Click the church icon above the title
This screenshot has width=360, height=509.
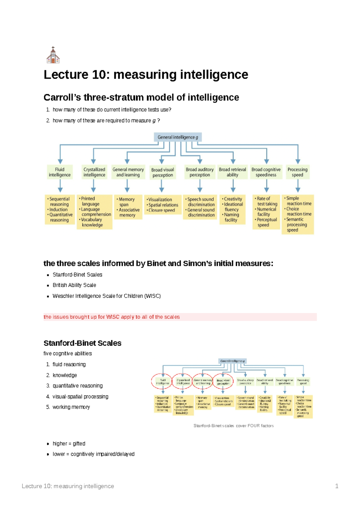click(53, 55)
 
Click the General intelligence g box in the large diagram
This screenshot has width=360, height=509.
click(178, 137)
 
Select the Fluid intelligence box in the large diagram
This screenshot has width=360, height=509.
click(60, 172)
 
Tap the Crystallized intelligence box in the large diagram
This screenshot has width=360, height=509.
click(94, 172)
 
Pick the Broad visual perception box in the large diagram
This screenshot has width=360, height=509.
click(162, 172)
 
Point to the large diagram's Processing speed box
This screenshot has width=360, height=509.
click(297, 172)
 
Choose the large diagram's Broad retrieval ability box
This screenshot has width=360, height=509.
click(232, 172)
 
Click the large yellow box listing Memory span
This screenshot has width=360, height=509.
click(128, 207)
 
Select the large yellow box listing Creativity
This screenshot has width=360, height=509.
click(232, 209)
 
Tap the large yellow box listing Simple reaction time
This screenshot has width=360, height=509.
click(297, 214)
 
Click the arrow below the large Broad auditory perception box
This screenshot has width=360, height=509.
click(200, 186)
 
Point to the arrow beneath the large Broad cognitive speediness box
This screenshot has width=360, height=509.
click(266, 186)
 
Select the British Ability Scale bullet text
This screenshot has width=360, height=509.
click(74, 285)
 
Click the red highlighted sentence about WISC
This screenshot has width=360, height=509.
click(112, 317)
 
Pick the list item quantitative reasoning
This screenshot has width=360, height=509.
click(77, 386)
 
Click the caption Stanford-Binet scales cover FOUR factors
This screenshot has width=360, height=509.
click(233, 426)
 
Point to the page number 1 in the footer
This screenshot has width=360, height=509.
click(337, 486)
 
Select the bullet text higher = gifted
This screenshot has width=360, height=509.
click(69, 444)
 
